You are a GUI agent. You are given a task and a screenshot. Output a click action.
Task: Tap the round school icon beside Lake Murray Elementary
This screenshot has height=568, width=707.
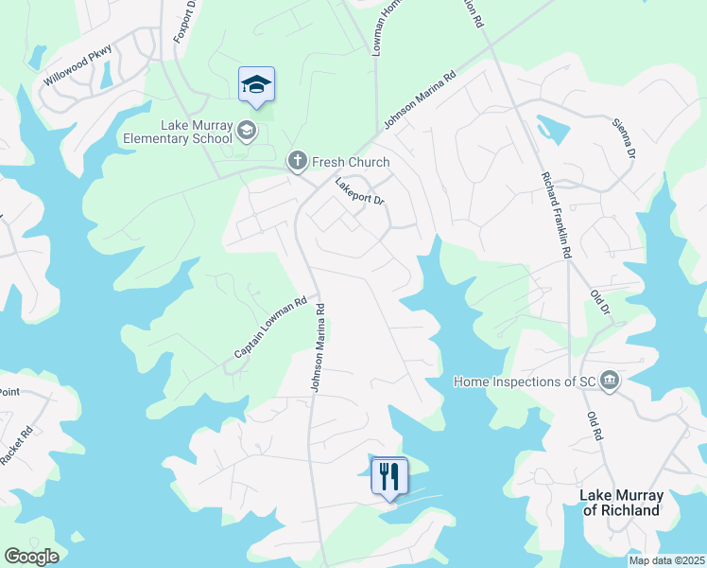247,130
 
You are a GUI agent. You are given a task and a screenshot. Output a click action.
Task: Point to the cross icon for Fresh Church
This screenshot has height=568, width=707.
297,161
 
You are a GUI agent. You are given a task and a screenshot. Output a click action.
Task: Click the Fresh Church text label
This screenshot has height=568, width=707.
351,162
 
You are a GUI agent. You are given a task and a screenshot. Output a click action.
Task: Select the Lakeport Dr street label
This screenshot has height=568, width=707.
360,189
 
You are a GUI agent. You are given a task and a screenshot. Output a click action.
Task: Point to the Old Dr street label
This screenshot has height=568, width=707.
601,303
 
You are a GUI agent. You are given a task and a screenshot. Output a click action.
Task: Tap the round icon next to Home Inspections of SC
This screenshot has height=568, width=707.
610,381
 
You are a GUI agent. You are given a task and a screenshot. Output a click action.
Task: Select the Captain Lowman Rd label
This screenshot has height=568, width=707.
271,328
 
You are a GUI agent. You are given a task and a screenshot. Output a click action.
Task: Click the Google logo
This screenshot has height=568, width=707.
31,557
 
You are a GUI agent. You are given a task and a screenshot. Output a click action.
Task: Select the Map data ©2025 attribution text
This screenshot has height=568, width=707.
665,560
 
